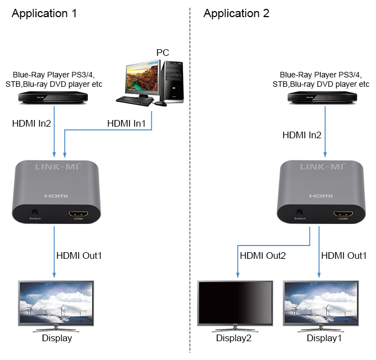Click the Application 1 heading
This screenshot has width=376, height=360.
click(44, 13)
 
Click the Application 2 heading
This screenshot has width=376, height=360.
click(236, 13)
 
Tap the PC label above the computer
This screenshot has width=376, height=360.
click(163, 53)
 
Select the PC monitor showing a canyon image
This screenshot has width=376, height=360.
click(143, 79)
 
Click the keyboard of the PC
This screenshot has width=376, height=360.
click(135, 101)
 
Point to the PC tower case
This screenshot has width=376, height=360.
click(172, 81)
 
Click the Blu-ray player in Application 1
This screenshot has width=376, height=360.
click(53, 97)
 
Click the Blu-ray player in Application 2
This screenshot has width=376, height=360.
click(322, 97)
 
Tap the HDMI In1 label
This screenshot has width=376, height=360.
click(127, 123)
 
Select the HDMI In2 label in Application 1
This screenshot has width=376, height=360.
click(32, 123)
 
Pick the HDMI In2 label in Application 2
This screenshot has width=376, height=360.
click(302, 135)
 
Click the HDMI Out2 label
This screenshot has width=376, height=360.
click(263, 255)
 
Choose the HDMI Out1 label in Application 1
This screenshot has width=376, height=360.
click(79, 255)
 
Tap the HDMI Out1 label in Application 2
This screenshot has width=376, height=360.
click(344, 255)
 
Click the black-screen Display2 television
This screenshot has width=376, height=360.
click(235, 306)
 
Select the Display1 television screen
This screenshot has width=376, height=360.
click(321, 302)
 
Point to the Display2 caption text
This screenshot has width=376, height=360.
click(233, 338)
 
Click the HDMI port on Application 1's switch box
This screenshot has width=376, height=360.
click(78, 213)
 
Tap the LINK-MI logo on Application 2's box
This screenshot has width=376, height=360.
click(323, 166)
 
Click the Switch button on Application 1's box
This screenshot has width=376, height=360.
click(35, 212)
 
